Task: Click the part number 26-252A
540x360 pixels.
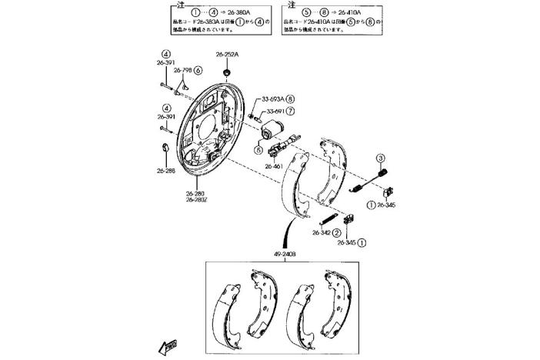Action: coord(226,55)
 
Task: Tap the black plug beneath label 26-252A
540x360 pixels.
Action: coord(227,72)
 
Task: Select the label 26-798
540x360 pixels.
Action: coord(182,70)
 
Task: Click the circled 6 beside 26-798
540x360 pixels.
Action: coord(198,70)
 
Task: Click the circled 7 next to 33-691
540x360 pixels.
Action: coord(291,111)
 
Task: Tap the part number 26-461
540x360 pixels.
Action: coord(275,165)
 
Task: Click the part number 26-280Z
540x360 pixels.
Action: coord(195,200)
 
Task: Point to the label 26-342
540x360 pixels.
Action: coord(322,232)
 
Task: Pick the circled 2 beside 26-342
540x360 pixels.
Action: coord(336,232)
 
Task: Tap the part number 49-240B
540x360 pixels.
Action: coord(285,253)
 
